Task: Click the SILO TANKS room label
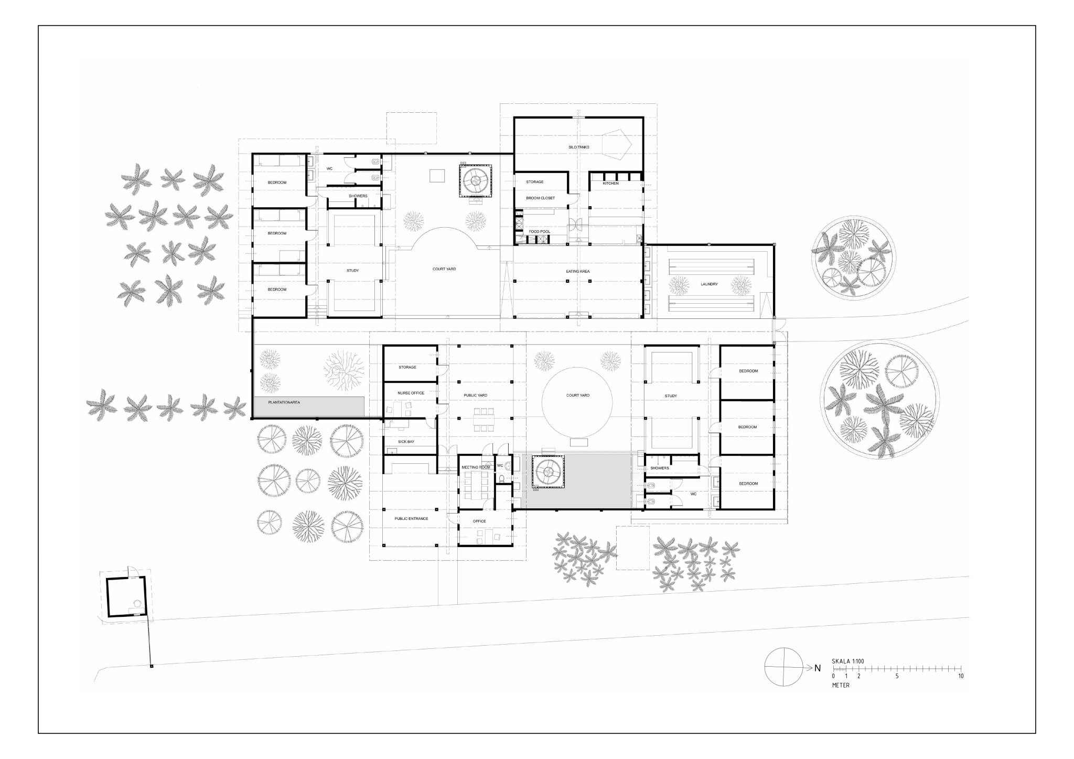579,147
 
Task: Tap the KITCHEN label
610,183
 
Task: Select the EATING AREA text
577,271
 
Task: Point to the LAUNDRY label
709,284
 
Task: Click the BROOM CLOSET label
540,198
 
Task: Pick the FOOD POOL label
539,231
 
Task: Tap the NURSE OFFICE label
411,393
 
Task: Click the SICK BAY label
406,442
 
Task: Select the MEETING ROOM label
476,467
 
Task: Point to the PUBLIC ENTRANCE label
411,519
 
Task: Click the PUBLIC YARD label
476,395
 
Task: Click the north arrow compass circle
783,667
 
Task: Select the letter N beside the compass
817,668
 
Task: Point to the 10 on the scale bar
961,676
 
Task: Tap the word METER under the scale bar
841,685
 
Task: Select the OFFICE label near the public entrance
479,521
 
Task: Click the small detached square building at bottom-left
126,598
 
